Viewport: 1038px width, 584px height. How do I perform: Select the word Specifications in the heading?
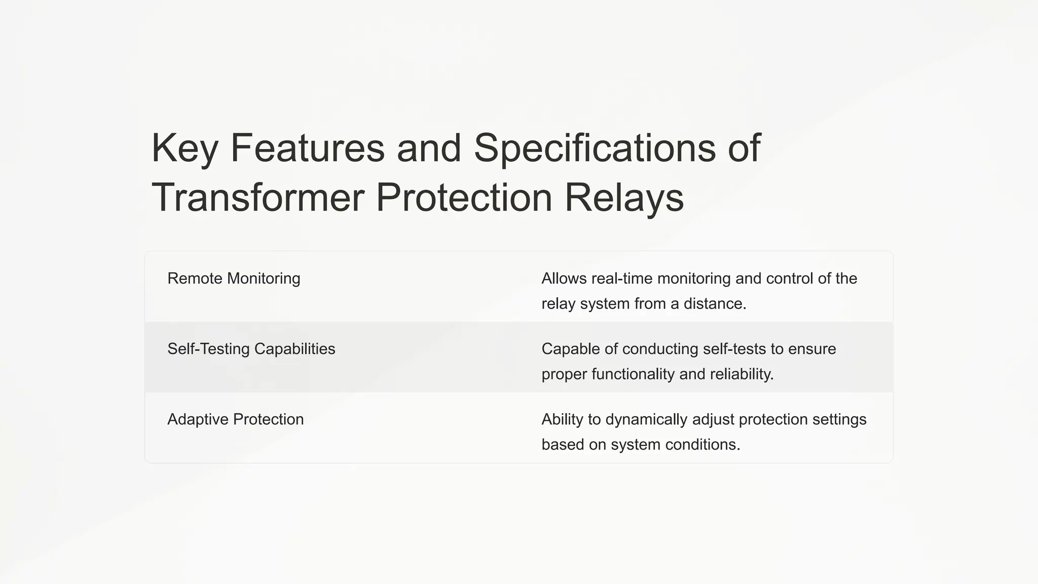[x=595, y=148]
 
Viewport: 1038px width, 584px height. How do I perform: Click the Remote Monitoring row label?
[x=234, y=278]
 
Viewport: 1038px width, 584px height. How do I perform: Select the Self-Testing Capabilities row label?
[x=251, y=349]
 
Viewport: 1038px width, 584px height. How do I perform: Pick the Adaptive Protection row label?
[x=235, y=419]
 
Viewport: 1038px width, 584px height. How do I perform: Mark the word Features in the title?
[x=308, y=148]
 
